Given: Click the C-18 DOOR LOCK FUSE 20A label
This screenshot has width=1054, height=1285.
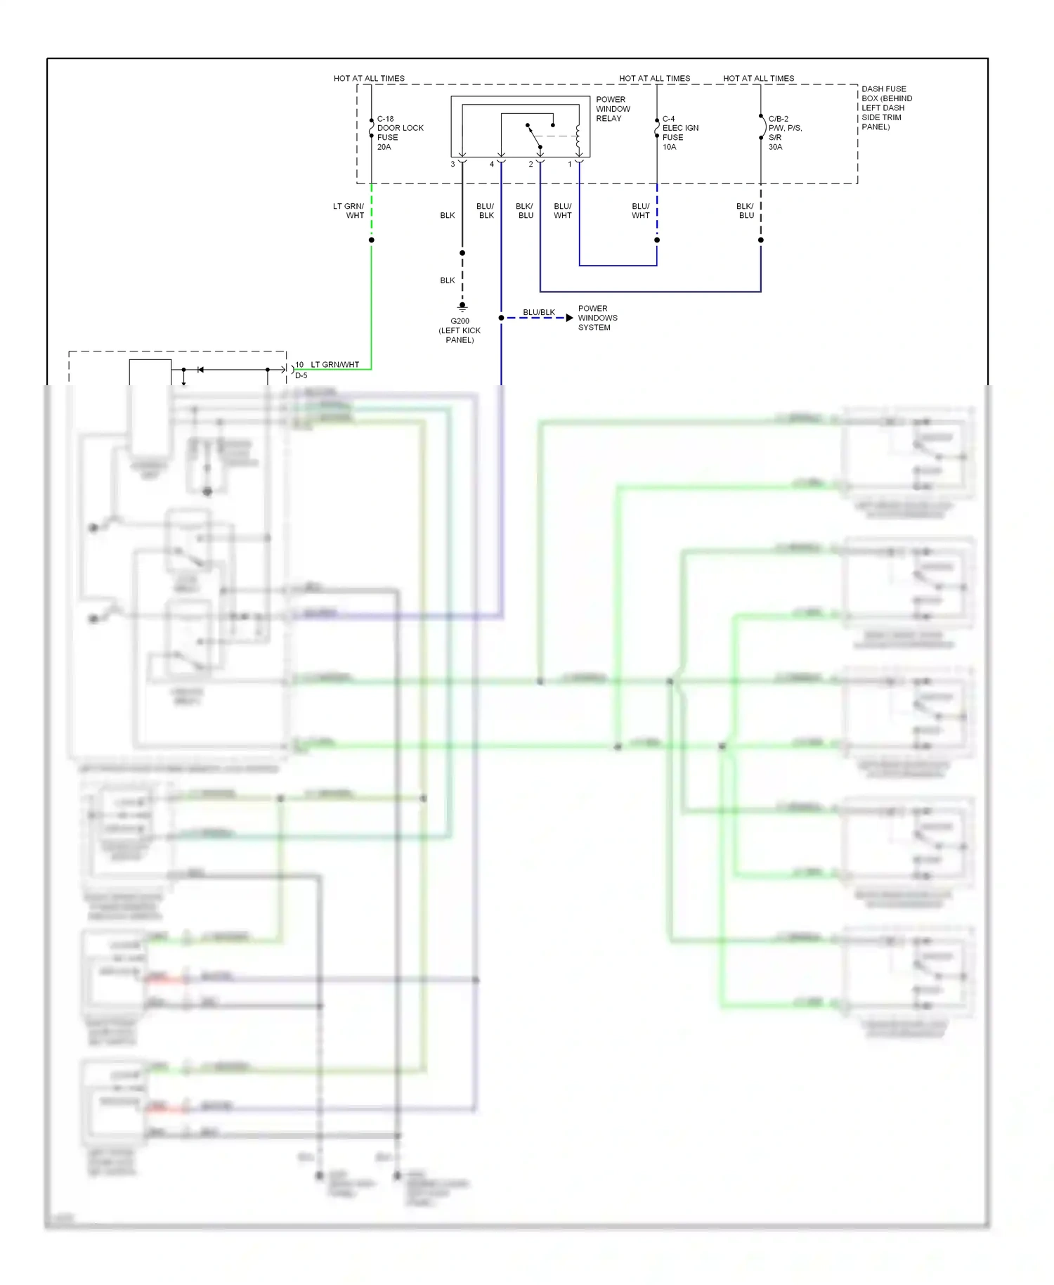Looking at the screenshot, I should pos(399,133).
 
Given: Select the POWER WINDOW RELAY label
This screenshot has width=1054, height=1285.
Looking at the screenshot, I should pos(613,109).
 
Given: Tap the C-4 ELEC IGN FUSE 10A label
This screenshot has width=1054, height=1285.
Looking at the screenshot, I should pos(679,133).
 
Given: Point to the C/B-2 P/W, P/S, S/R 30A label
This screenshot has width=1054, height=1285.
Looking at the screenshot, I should pos(784,133).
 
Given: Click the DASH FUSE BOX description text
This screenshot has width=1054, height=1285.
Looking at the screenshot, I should pos(886,108).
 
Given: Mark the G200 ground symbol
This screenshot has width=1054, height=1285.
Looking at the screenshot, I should pos(462,307).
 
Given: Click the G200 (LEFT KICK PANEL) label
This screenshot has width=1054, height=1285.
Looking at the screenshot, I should pos(460,330).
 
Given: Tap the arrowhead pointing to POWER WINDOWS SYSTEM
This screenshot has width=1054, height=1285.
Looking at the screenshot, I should pos(569,318).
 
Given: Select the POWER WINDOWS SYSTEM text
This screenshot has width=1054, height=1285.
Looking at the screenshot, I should pos(597,318).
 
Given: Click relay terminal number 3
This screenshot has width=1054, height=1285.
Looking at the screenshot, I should pos(453,164).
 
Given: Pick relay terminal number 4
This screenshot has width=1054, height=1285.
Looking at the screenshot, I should pos(492,164).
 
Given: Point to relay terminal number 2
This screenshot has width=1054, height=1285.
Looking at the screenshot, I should pos(531,164).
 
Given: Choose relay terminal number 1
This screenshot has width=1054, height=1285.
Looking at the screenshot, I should pos(570,164).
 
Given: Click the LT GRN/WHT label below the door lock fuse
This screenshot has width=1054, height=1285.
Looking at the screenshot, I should pos(349,211).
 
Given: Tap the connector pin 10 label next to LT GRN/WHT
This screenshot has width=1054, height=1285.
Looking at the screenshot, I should pos(299,364).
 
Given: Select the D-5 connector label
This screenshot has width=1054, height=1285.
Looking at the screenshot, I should pos(301,375).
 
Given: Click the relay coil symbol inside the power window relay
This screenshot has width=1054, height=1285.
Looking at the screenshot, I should pos(578,136).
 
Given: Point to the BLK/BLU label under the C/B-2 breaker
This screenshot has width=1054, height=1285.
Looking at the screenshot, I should pos(746,211).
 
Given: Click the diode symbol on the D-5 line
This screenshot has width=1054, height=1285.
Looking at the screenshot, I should pos(200,369).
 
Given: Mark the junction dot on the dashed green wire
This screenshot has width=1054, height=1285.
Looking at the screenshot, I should pos(371,240).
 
